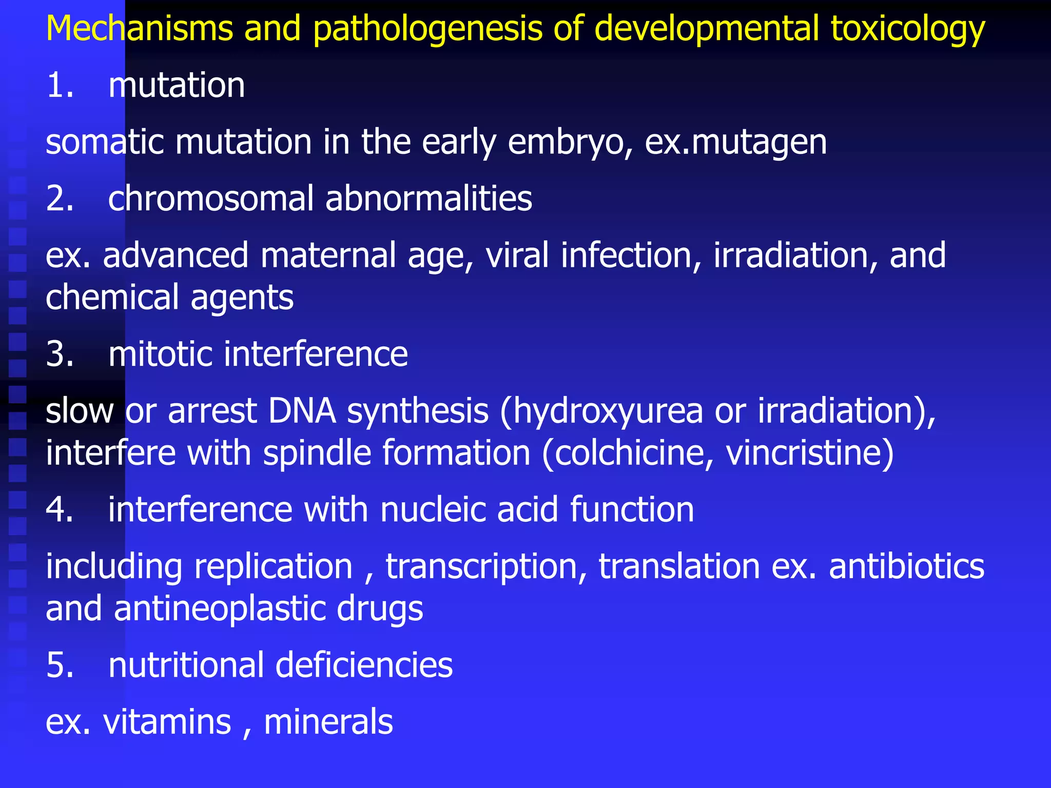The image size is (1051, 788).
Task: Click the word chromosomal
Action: (x=210, y=199)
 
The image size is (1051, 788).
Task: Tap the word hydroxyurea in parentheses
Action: (x=608, y=412)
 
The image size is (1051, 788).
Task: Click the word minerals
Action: (x=328, y=722)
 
